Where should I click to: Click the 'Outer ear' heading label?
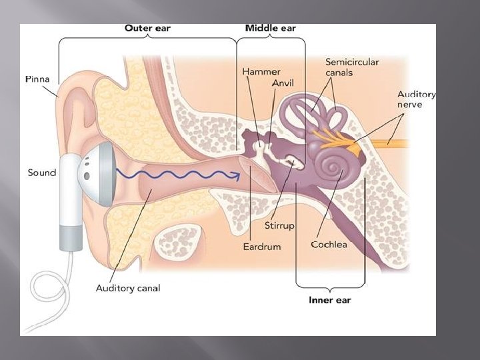pos(147,29)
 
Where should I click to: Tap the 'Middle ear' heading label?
pos(270,29)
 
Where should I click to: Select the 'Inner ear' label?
pos(329,300)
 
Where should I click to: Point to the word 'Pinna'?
pos(37,79)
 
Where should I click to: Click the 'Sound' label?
pos(42,173)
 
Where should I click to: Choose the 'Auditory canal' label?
pos(128,288)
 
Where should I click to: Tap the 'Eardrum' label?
pos(262,246)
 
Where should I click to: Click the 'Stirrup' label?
pos(279,225)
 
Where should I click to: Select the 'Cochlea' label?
pos(329,245)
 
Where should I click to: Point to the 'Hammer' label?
pos(261,71)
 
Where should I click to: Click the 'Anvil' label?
pos(283,83)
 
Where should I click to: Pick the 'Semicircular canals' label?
pos(352,67)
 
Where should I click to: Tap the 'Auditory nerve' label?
pos(416,99)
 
